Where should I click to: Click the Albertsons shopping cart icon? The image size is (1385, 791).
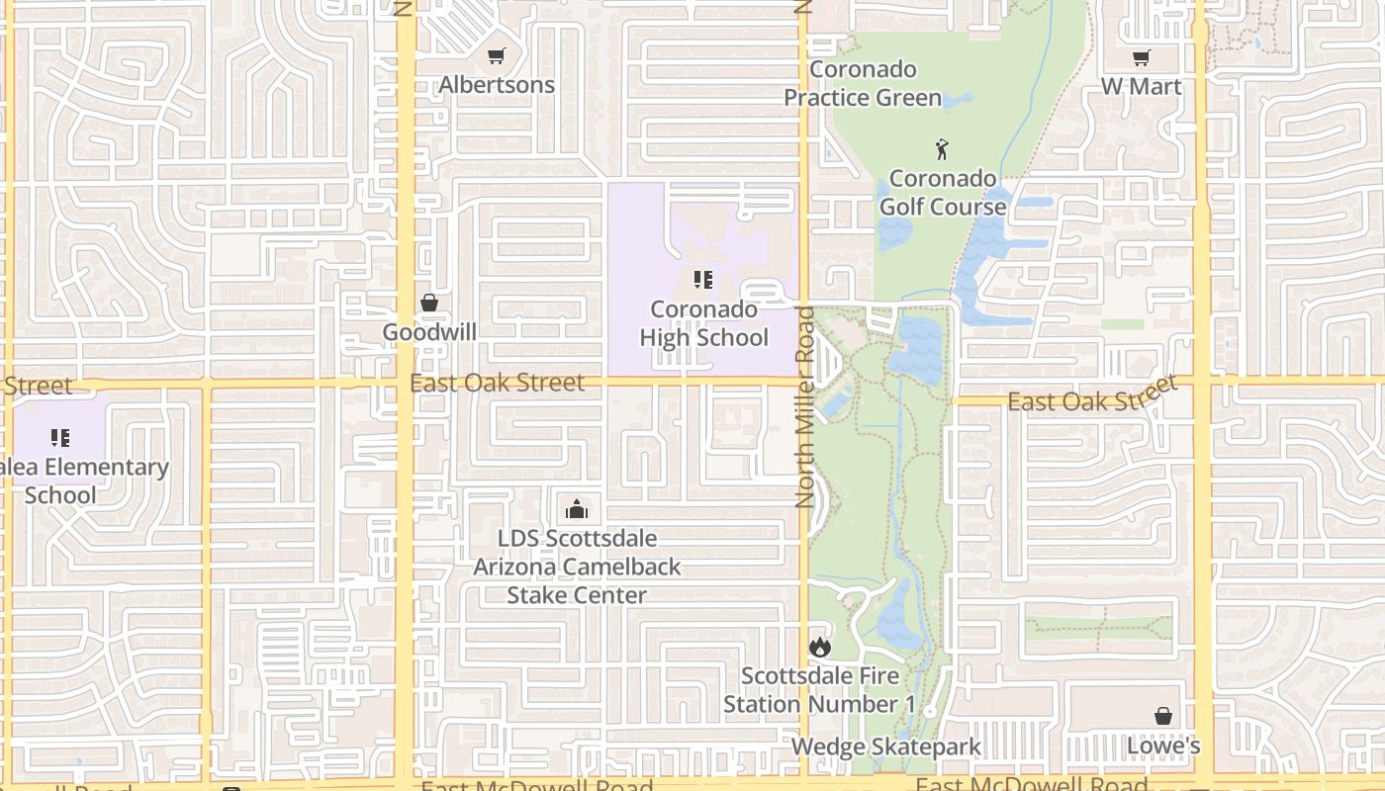[497, 56]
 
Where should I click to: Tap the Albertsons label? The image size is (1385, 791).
[497, 85]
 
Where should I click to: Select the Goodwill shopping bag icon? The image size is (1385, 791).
[429, 303]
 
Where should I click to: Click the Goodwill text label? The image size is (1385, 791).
[429, 332]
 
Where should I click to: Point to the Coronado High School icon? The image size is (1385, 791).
[703, 280]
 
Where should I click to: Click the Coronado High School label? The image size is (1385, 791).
[703, 323]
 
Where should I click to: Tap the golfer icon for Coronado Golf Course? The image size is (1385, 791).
[942, 150]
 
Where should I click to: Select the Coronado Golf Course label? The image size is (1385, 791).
[942, 193]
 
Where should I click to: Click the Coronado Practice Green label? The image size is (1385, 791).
[863, 84]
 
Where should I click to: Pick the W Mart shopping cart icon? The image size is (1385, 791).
[1142, 58]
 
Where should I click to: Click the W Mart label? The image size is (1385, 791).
[1142, 87]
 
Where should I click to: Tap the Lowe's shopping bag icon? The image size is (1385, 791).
[1163, 715]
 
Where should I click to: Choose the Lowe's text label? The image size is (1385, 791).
[1163, 746]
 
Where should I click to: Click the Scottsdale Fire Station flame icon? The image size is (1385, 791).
[820, 647]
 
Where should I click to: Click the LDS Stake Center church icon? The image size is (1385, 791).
[577, 509]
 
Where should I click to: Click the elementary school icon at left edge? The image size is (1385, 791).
[60, 437]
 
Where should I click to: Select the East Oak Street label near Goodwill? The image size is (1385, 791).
[497, 383]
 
